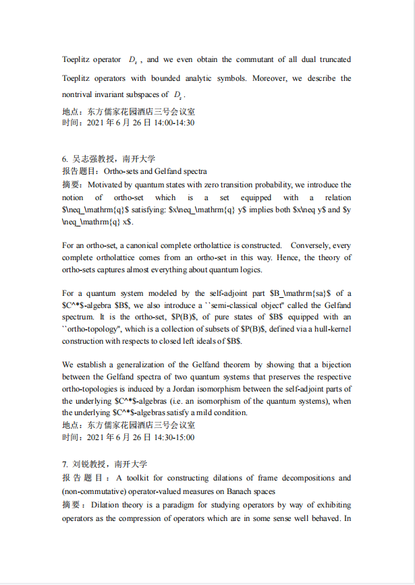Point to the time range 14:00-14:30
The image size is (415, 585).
coord(175,123)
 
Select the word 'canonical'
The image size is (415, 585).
coord(150,245)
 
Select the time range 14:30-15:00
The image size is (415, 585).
coord(175,437)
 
